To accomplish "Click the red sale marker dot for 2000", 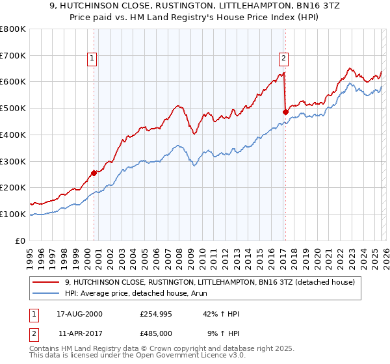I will point(94,173).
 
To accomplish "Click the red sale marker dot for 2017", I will point(285,112).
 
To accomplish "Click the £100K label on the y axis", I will point(13,214).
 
